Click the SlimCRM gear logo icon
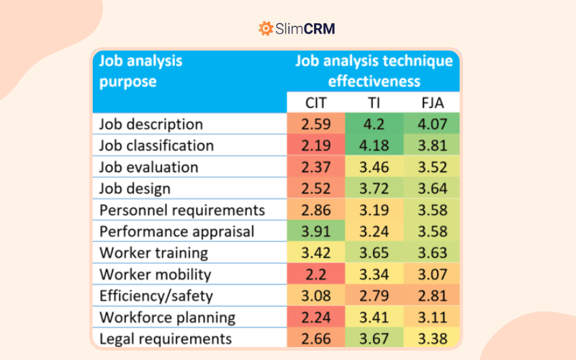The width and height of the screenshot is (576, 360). click(266, 29)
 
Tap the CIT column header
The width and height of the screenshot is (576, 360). click(316, 102)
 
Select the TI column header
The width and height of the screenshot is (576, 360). click(374, 102)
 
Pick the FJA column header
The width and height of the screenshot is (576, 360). click(432, 102)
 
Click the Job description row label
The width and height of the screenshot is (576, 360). click(151, 124)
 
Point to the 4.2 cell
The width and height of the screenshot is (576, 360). click(374, 124)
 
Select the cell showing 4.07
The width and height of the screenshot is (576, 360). click(432, 124)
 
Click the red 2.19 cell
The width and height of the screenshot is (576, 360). click(316, 145)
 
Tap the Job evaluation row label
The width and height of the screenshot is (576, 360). click(148, 167)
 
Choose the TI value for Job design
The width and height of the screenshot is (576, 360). click(374, 189)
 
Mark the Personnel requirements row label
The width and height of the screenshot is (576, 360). click(182, 210)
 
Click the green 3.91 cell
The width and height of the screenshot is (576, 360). click(316, 231)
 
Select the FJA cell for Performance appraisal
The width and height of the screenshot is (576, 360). click(432, 231)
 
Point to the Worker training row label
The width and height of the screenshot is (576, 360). click(153, 253)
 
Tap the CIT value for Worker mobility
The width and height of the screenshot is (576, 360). click(316, 274)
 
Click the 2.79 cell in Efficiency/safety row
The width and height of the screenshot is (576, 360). click(374, 296)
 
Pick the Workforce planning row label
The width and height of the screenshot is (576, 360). click(167, 318)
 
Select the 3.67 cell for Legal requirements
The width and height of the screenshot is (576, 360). click(374, 338)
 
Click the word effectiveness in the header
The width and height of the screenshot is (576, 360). click(374, 81)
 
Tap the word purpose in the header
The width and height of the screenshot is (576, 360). click(127, 81)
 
